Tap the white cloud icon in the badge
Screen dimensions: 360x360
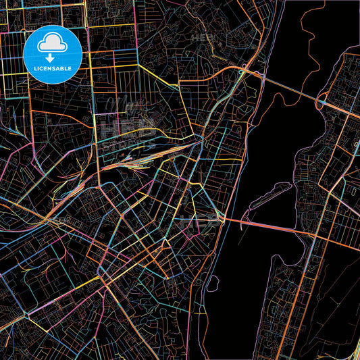coord(52,44)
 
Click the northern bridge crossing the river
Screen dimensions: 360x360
coord(290,88)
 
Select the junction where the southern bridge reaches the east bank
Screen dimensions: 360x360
coord(312,236)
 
